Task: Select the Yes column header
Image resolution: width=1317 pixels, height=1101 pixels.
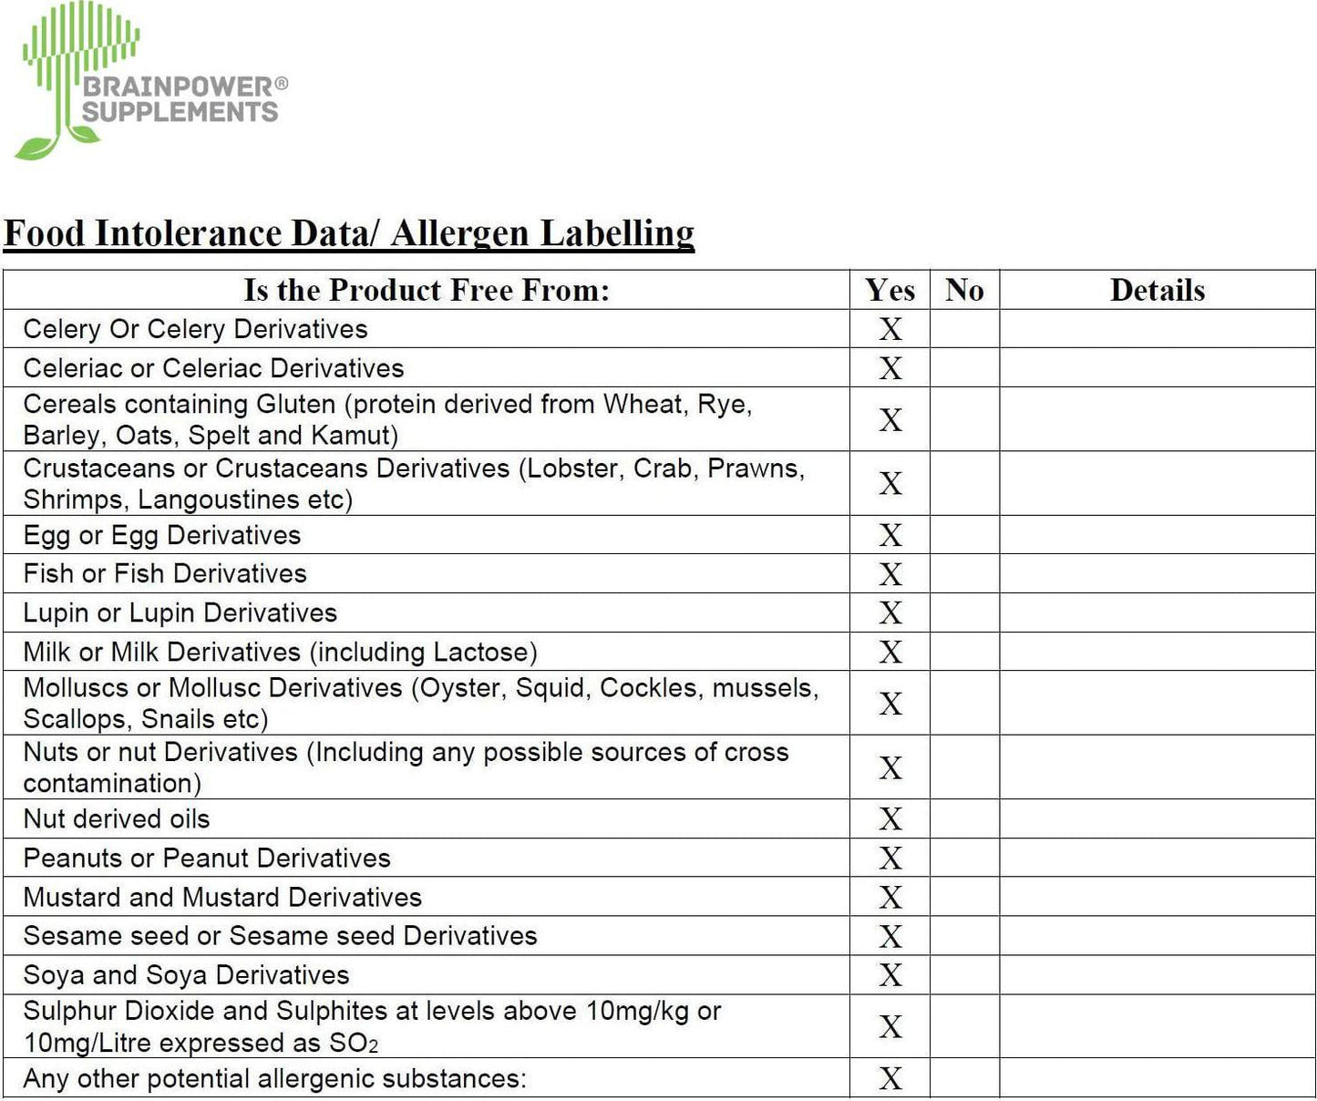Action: (x=890, y=290)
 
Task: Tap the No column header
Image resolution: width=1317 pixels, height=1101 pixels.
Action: (x=964, y=290)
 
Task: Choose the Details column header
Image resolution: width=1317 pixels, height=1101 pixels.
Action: (x=1158, y=290)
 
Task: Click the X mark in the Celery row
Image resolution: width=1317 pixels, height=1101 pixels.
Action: (x=890, y=329)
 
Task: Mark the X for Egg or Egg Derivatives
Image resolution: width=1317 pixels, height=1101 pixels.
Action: (x=890, y=535)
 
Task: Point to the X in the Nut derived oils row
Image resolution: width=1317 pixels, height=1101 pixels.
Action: (x=890, y=819)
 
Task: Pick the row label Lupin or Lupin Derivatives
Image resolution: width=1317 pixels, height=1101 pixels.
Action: (x=180, y=613)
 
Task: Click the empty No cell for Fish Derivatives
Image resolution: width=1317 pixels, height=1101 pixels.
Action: (x=964, y=574)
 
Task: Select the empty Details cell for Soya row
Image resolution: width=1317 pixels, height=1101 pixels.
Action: (x=1158, y=975)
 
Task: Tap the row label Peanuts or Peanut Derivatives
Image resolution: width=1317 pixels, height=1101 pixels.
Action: (x=207, y=859)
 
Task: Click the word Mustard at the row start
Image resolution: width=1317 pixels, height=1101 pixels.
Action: (x=72, y=898)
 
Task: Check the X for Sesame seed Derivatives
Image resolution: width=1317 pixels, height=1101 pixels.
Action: (x=890, y=937)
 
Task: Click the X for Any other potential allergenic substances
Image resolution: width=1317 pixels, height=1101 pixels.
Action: (x=890, y=1079)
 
